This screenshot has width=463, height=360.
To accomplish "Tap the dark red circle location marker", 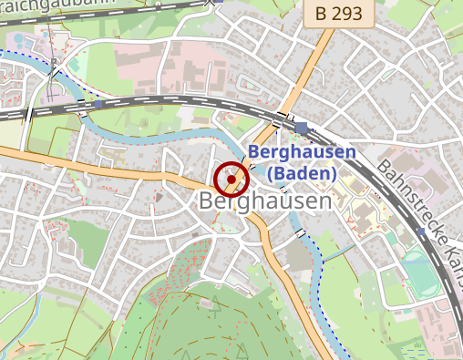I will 231,180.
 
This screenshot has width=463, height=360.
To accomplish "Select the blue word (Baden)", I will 304,173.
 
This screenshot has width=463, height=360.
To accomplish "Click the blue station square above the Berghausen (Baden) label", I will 302,128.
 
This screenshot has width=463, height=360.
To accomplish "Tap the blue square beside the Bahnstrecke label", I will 420,232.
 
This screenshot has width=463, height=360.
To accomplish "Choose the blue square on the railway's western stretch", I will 98,104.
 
